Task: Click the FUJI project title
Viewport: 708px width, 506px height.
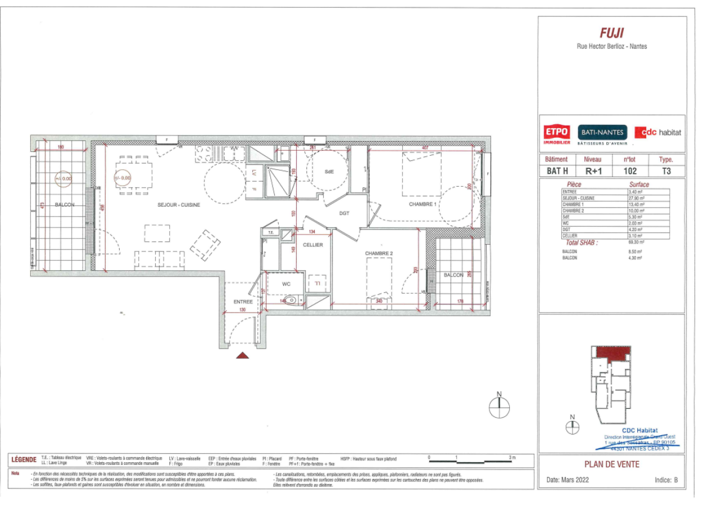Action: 611,33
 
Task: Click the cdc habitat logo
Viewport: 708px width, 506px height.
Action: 657,133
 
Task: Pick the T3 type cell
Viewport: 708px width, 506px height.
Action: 666,171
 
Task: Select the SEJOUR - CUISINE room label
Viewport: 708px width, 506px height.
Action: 179,205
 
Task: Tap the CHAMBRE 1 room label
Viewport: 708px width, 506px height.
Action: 422,204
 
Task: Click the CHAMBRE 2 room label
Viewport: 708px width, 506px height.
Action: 379,254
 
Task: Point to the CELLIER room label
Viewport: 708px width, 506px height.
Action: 313,245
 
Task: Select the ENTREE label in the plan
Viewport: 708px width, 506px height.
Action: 243,302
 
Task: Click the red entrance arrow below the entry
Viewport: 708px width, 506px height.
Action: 242,355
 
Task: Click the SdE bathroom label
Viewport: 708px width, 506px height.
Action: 329,172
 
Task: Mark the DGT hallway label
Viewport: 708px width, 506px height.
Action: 344,213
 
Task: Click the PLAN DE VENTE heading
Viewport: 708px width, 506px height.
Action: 611,464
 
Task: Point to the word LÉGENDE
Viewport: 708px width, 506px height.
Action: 24,460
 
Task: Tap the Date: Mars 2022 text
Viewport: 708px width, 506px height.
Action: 568,481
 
